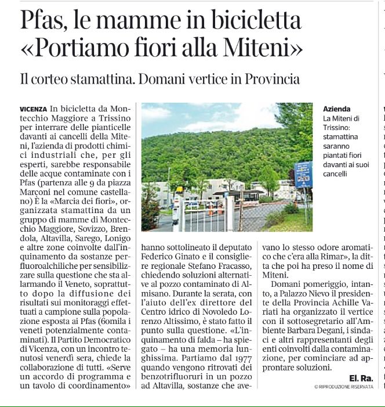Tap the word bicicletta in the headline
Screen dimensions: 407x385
pos(252,21)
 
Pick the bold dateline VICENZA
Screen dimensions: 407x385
pos(34,109)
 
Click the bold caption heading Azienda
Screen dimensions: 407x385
pos(337,109)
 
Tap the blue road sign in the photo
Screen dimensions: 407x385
pos(303,174)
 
